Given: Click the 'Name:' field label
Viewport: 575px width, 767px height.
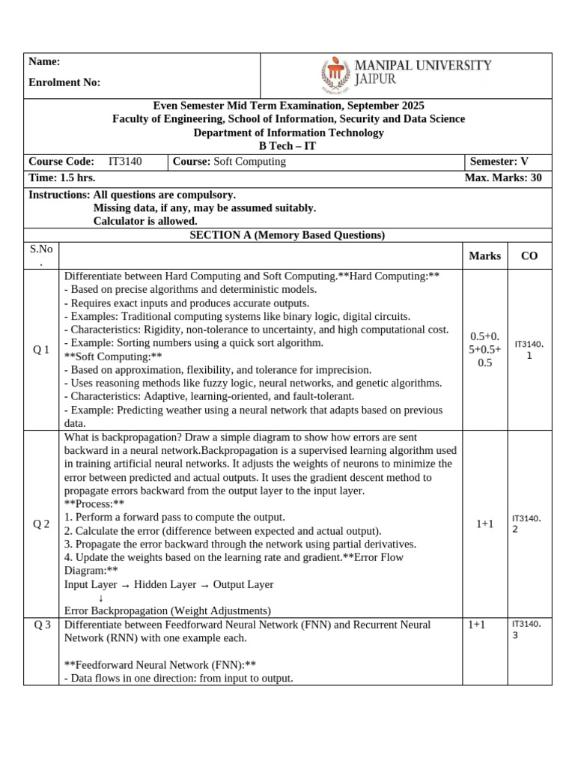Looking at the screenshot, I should pos(44,62).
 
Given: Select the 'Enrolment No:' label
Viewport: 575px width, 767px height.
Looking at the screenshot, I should pos(64,82).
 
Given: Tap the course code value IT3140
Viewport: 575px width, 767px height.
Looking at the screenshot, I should pos(125,162).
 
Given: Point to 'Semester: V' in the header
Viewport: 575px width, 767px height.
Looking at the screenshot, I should pos(499,162).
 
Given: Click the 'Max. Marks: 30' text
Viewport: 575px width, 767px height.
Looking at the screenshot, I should pos(503,178).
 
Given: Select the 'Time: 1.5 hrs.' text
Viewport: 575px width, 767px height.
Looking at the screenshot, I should pos(62,178).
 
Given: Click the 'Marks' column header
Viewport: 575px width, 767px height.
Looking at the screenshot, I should pos(484,256).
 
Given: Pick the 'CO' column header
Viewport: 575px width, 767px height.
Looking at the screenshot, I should pos(529,256).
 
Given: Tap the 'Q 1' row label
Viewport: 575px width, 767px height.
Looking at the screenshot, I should pos(42,351).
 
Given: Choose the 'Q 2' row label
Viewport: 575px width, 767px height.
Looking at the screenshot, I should pos(42,524).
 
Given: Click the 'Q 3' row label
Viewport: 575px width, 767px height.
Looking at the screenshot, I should pos(42,625).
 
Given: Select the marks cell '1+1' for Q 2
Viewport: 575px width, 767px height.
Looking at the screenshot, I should pos(484,524).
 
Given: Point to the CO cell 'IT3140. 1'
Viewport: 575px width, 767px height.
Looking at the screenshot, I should pos(529,350).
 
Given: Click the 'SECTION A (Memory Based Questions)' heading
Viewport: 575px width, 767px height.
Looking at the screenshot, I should pos(287,235).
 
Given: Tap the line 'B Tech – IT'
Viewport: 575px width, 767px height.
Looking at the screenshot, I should pos(288,146).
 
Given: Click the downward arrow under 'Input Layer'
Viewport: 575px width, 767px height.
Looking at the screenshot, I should pos(100,598).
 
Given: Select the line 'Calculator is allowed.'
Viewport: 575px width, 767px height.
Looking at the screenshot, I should pos(145,221).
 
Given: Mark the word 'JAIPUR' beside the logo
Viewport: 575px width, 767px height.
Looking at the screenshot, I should pos(375,79).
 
